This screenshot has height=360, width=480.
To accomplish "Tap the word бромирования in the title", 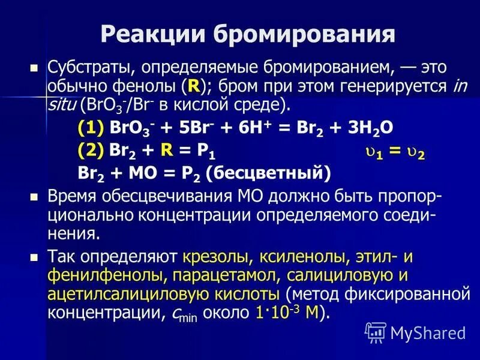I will (297, 34).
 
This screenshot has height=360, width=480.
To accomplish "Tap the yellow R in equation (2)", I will (168, 151).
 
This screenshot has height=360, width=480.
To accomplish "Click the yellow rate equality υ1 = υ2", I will (395, 153).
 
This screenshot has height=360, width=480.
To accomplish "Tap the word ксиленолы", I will (301, 257).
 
